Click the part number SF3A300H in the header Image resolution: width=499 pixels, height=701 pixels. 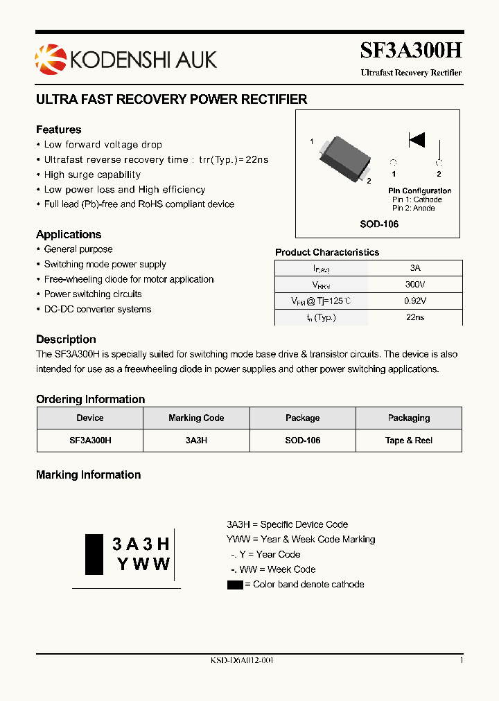[410, 51]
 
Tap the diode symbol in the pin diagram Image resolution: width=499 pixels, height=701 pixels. [417, 140]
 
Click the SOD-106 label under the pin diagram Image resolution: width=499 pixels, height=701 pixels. [378, 224]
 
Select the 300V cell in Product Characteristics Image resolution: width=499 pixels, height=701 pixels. [414, 284]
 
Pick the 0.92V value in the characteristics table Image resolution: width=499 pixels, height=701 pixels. [414, 301]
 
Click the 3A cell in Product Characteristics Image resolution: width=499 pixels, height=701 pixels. [414, 267]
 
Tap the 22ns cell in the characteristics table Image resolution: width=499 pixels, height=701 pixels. [414, 317]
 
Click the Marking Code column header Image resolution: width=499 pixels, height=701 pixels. [196, 418]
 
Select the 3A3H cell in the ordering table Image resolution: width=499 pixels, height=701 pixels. [196, 441]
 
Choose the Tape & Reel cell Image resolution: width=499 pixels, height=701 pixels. [408, 441]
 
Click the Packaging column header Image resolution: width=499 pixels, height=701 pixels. [408, 418]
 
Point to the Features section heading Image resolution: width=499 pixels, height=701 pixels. [58, 130]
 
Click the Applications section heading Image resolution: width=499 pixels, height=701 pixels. [69, 234]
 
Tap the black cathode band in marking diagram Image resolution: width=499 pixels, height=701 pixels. [94, 554]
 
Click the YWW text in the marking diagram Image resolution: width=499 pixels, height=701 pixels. [143, 564]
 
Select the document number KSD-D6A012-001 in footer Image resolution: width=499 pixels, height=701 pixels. [242, 660]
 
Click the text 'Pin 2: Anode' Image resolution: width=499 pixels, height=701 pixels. [413, 208]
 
